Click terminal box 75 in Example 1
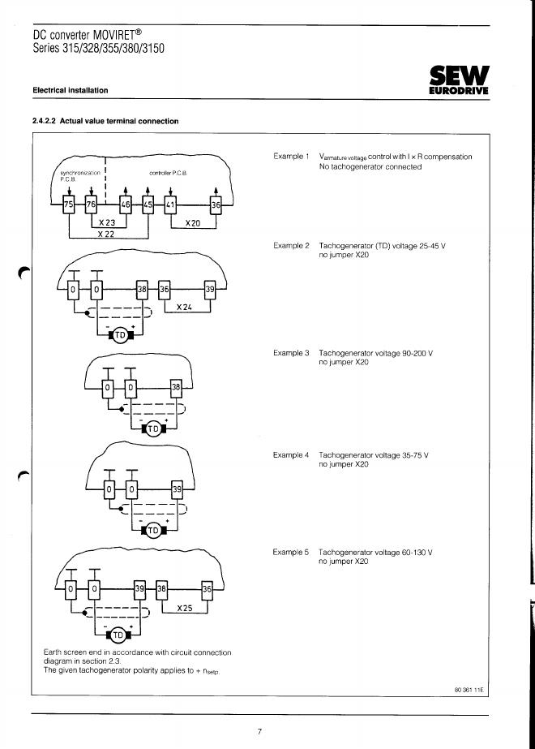pyautogui.click(x=68, y=205)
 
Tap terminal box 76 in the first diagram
pyautogui.click(x=91, y=205)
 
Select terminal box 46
pyautogui.click(x=126, y=205)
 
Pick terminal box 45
pyautogui.click(x=148, y=205)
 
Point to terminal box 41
pyautogui.click(x=169, y=205)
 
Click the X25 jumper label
pyautogui.click(x=184, y=607)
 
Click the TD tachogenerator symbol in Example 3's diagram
pyautogui.click(x=153, y=429)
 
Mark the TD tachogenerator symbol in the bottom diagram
pyautogui.click(x=118, y=634)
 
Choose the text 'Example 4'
pyautogui.click(x=291, y=455)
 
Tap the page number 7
pyautogui.click(x=259, y=731)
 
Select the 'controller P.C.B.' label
pyautogui.click(x=169, y=174)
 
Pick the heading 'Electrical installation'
pyautogui.click(x=71, y=90)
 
